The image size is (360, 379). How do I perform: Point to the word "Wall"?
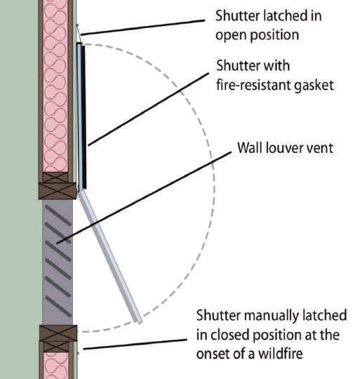249,149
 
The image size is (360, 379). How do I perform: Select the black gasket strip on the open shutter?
84,116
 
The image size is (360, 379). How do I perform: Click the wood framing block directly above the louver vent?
58,186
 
